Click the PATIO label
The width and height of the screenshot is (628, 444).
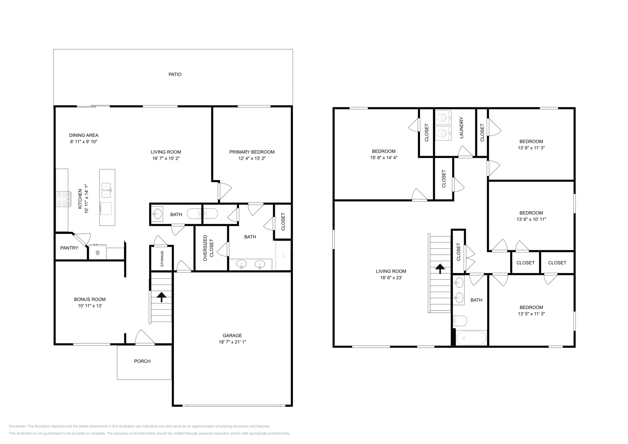coord(175,74)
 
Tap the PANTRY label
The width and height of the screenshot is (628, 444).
coord(69,248)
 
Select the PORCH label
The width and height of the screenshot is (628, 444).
coord(142,361)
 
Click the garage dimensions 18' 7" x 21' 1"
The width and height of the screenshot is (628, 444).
coord(232,342)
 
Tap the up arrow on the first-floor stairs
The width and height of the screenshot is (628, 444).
coord(161,297)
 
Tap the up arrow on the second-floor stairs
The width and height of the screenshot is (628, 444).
coord(440,269)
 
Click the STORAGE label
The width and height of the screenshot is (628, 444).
coord(162,258)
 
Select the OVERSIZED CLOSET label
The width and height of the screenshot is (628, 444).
coord(208,248)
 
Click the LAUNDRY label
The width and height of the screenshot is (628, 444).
coord(462,128)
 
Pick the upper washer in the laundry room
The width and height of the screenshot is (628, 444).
coord(444,117)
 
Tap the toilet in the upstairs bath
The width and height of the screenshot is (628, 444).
coord(459,321)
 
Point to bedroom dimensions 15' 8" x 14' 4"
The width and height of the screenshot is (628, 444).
coord(383,158)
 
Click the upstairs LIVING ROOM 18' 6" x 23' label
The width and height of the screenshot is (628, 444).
coord(391,274)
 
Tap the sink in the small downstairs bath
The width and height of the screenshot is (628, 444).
coord(158,214)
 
